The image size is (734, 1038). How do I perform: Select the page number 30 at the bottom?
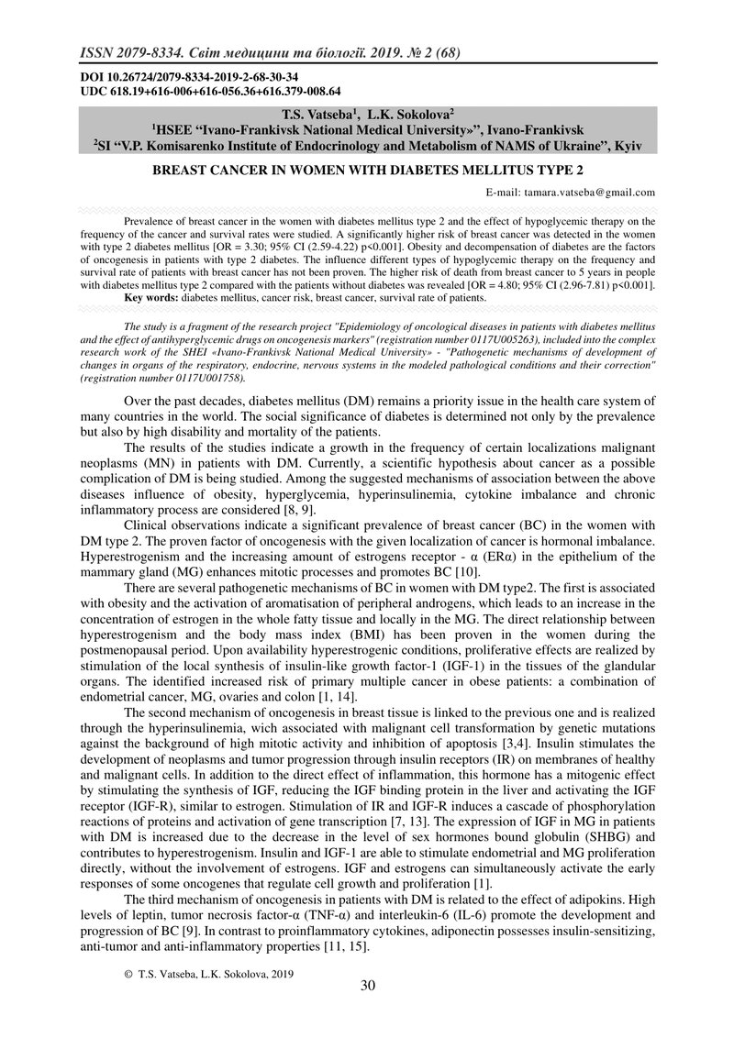pyautogui.click(x=367, y=986)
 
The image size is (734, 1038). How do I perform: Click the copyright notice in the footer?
pyautogui.click(x=217, y=973)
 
